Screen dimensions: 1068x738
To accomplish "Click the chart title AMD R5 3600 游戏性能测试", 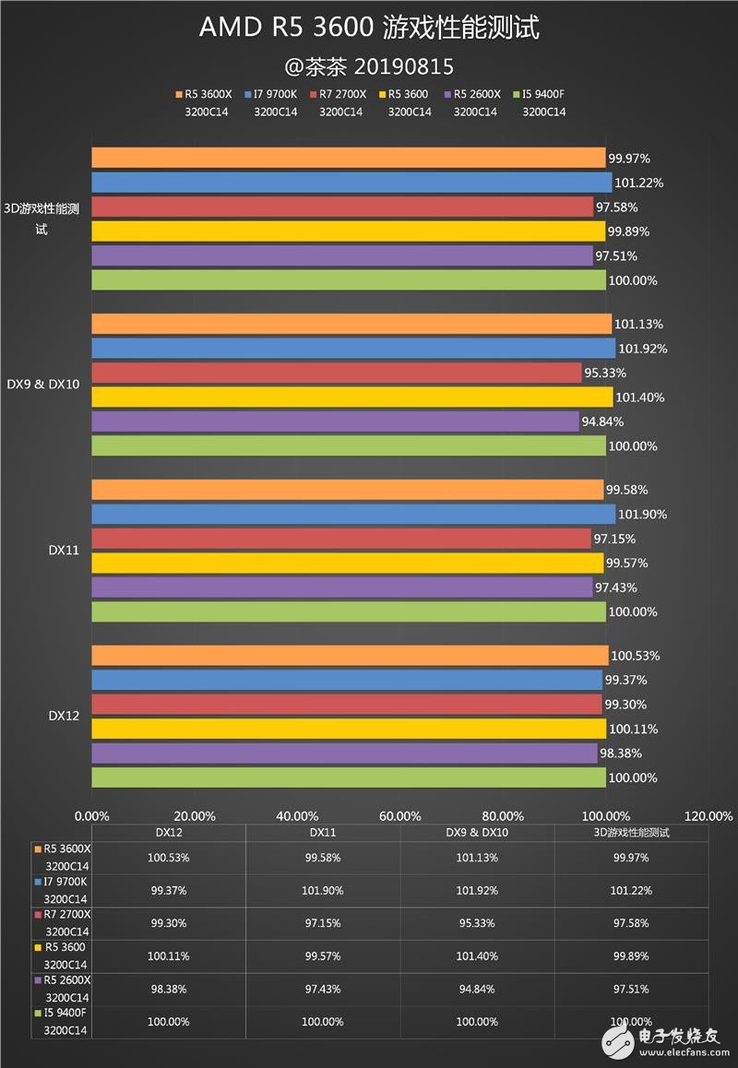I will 369,29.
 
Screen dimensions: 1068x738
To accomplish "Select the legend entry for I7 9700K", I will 276,94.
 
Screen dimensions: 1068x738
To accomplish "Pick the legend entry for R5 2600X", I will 476,94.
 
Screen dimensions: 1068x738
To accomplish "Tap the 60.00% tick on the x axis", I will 400,815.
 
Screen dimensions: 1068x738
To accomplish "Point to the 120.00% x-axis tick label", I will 708,815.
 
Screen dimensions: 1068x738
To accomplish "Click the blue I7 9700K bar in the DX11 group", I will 352,514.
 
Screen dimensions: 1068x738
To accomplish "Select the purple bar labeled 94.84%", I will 335,421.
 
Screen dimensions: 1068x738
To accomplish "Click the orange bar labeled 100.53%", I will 350,656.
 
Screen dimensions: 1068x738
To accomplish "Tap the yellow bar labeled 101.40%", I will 351,398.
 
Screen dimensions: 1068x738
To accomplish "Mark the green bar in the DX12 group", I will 348,777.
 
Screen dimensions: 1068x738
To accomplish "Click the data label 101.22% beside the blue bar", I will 642,183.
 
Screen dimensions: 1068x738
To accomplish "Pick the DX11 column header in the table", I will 323,832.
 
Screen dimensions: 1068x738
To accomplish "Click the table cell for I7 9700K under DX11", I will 323,890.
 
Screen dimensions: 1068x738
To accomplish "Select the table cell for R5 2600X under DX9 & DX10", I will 477,989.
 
